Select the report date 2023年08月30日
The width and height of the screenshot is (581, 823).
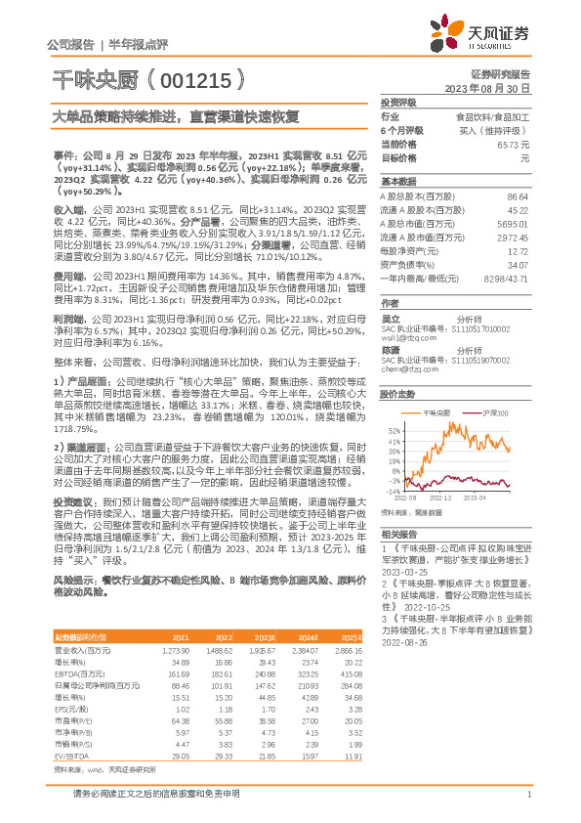484,87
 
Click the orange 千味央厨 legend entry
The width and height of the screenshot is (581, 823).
433,413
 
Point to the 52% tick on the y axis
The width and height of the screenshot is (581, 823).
394,430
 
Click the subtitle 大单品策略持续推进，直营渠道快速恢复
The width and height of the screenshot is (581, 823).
162,115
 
